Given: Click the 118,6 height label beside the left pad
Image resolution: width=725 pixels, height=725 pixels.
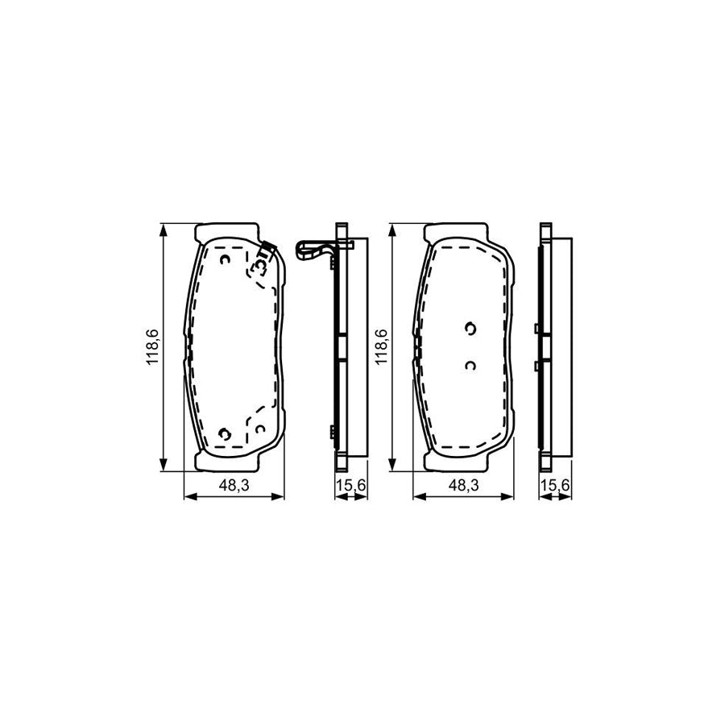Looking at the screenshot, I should coord(152,347).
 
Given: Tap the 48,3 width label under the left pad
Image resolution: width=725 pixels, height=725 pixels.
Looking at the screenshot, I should coord(234,484).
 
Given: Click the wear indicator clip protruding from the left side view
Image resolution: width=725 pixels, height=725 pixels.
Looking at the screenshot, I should coord(314,250).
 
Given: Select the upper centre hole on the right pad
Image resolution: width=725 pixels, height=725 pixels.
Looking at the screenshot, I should coord(470,327).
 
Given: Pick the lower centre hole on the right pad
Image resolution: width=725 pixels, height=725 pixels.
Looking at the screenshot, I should coord(470,365).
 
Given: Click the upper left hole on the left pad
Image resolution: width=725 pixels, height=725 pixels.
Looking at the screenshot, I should coord(225,259).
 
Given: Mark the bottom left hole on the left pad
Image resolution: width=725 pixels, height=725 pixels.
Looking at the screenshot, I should coord(225,433).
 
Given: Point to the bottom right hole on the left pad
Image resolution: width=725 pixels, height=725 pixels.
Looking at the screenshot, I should coord(259,429).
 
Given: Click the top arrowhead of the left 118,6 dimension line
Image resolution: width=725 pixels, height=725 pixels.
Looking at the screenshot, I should coord(164,230).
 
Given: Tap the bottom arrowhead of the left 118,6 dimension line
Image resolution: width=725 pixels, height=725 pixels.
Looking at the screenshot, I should coord(164,466).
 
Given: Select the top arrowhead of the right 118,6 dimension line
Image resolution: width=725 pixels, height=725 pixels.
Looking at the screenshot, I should coord(392,230).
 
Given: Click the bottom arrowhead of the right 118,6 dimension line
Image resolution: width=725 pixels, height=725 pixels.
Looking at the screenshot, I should coord(392,466).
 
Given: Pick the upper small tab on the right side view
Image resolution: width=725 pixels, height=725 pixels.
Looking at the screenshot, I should coord(536,328).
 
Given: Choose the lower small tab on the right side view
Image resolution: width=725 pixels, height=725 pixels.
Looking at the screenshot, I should coord(536,366).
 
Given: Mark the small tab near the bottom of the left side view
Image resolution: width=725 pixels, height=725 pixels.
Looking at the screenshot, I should coord(331,432).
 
